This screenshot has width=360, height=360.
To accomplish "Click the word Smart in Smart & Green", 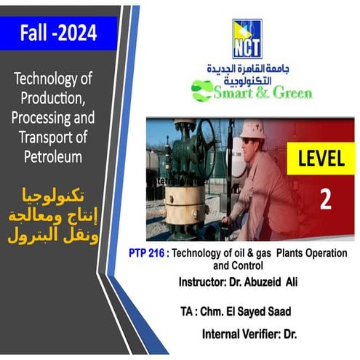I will [x=237, y=92].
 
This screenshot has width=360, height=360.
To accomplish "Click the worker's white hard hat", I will [x=253, y=129].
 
